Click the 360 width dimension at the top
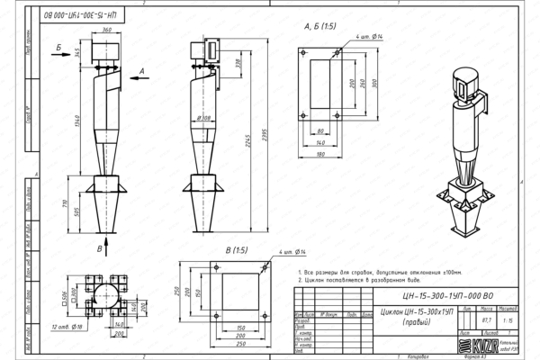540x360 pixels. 107,30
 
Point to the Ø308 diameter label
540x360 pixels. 204,117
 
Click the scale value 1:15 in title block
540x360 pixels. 509,318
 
